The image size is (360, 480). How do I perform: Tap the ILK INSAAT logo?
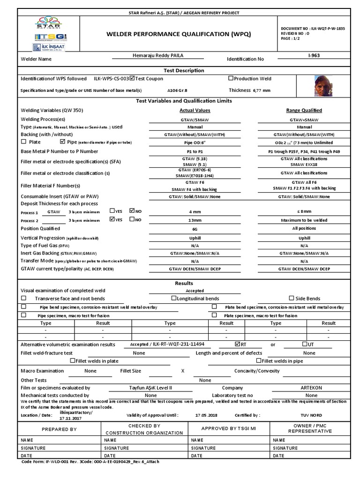coord(45,47)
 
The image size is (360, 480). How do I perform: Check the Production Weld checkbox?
coord(231,78)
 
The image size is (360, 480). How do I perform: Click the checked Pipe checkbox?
coord(63,142)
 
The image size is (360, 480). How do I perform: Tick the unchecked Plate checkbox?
coord(24,142)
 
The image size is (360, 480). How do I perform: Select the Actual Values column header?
coord(195,111)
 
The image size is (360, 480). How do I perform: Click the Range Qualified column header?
coord(304,111)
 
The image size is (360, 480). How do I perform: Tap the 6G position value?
coord(195,229)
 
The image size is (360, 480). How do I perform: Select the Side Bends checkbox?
coord(292,298)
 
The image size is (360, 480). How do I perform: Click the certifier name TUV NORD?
coord(311,415)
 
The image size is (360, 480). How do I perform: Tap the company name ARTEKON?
coord(311,388)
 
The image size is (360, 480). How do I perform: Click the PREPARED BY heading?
coord(60,429)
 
